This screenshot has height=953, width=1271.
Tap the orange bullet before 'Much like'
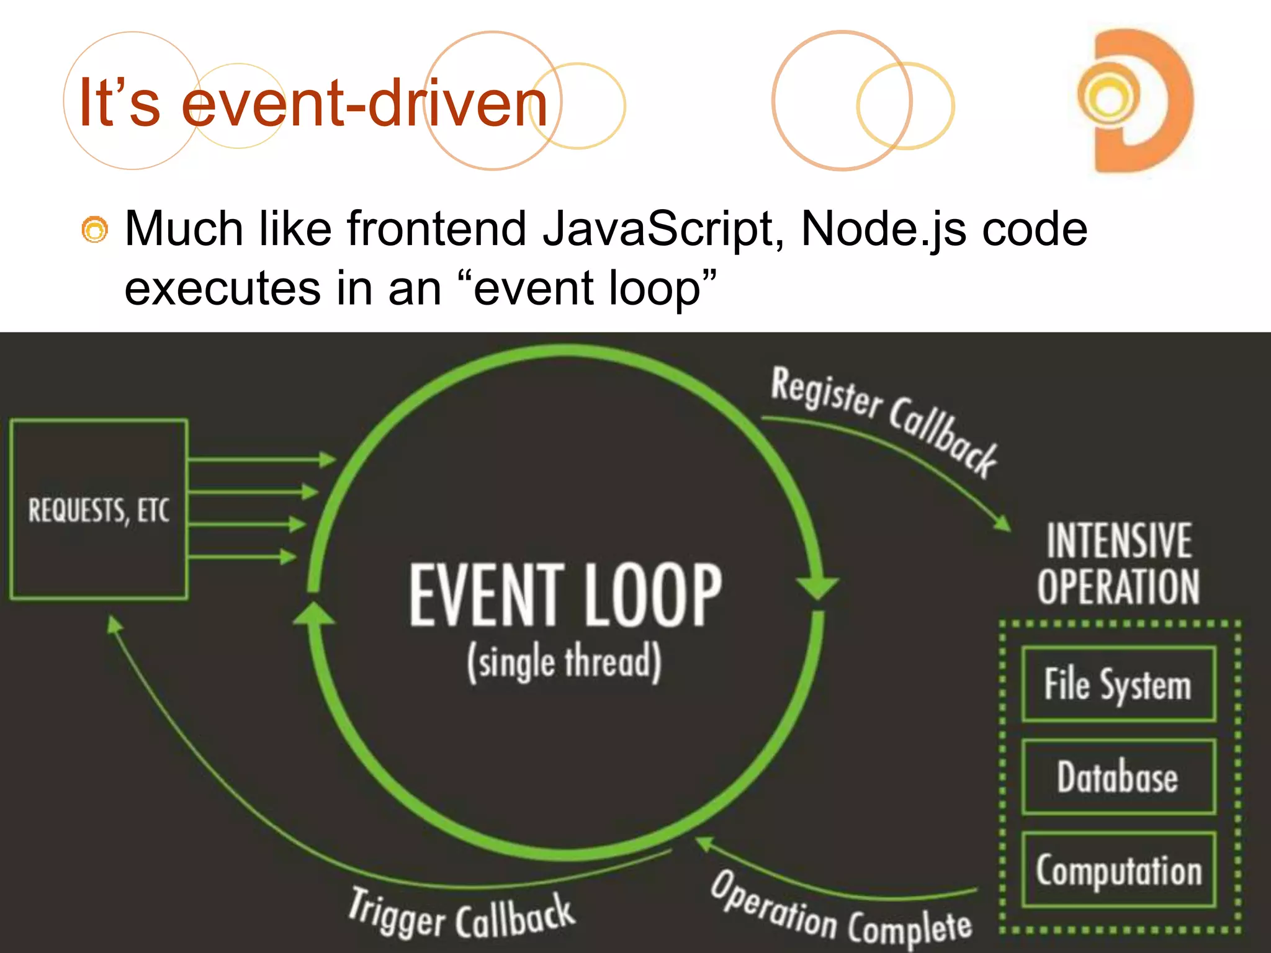[x=94, y=230]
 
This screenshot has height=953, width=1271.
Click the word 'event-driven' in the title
[x=364, y=103]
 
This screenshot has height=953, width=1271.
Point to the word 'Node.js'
[x=883, y=230]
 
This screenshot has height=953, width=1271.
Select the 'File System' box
[x=1118, y=684]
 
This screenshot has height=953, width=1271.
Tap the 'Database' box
[x=1118, y=777]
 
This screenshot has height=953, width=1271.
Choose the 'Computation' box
[x=1118, y=870]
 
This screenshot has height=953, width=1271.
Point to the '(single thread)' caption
[x=564, y=663]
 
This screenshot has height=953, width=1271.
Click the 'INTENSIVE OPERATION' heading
[x=1118, y=563]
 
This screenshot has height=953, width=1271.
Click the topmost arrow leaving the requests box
[x=261, y=460]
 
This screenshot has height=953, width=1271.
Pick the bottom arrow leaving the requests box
[x=242, y=557]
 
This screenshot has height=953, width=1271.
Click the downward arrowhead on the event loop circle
[x=817, y=586]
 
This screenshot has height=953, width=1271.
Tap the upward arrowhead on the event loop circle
[x=314, y=614]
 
